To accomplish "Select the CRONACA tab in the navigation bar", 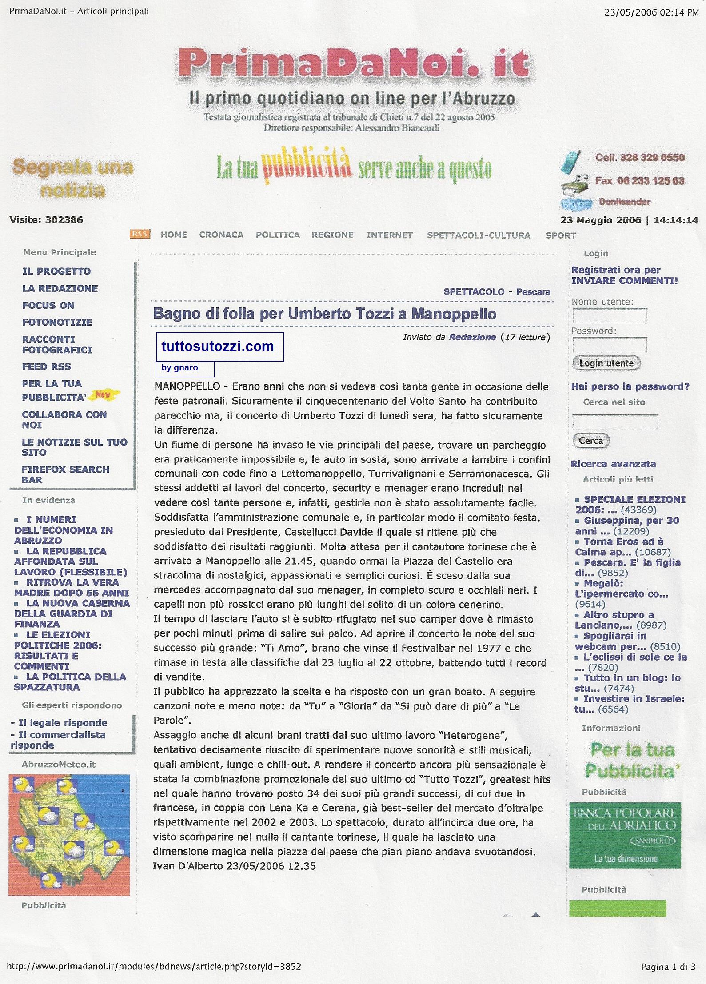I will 221,235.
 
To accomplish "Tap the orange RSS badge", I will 140,234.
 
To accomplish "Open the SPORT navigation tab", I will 561,235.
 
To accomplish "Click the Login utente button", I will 606,363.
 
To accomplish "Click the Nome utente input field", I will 610,316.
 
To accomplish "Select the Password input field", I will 610,345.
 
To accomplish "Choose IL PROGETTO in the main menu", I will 56,271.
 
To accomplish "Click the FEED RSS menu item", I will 47,367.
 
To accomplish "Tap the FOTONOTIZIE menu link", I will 57,322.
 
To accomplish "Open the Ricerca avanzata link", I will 613,464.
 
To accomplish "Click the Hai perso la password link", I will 630,386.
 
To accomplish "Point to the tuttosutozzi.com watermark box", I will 219,347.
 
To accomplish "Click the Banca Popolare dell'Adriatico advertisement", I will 625,841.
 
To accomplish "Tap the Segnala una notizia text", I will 73,179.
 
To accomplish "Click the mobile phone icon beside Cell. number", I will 570,161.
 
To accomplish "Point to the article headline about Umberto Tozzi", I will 324,314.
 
